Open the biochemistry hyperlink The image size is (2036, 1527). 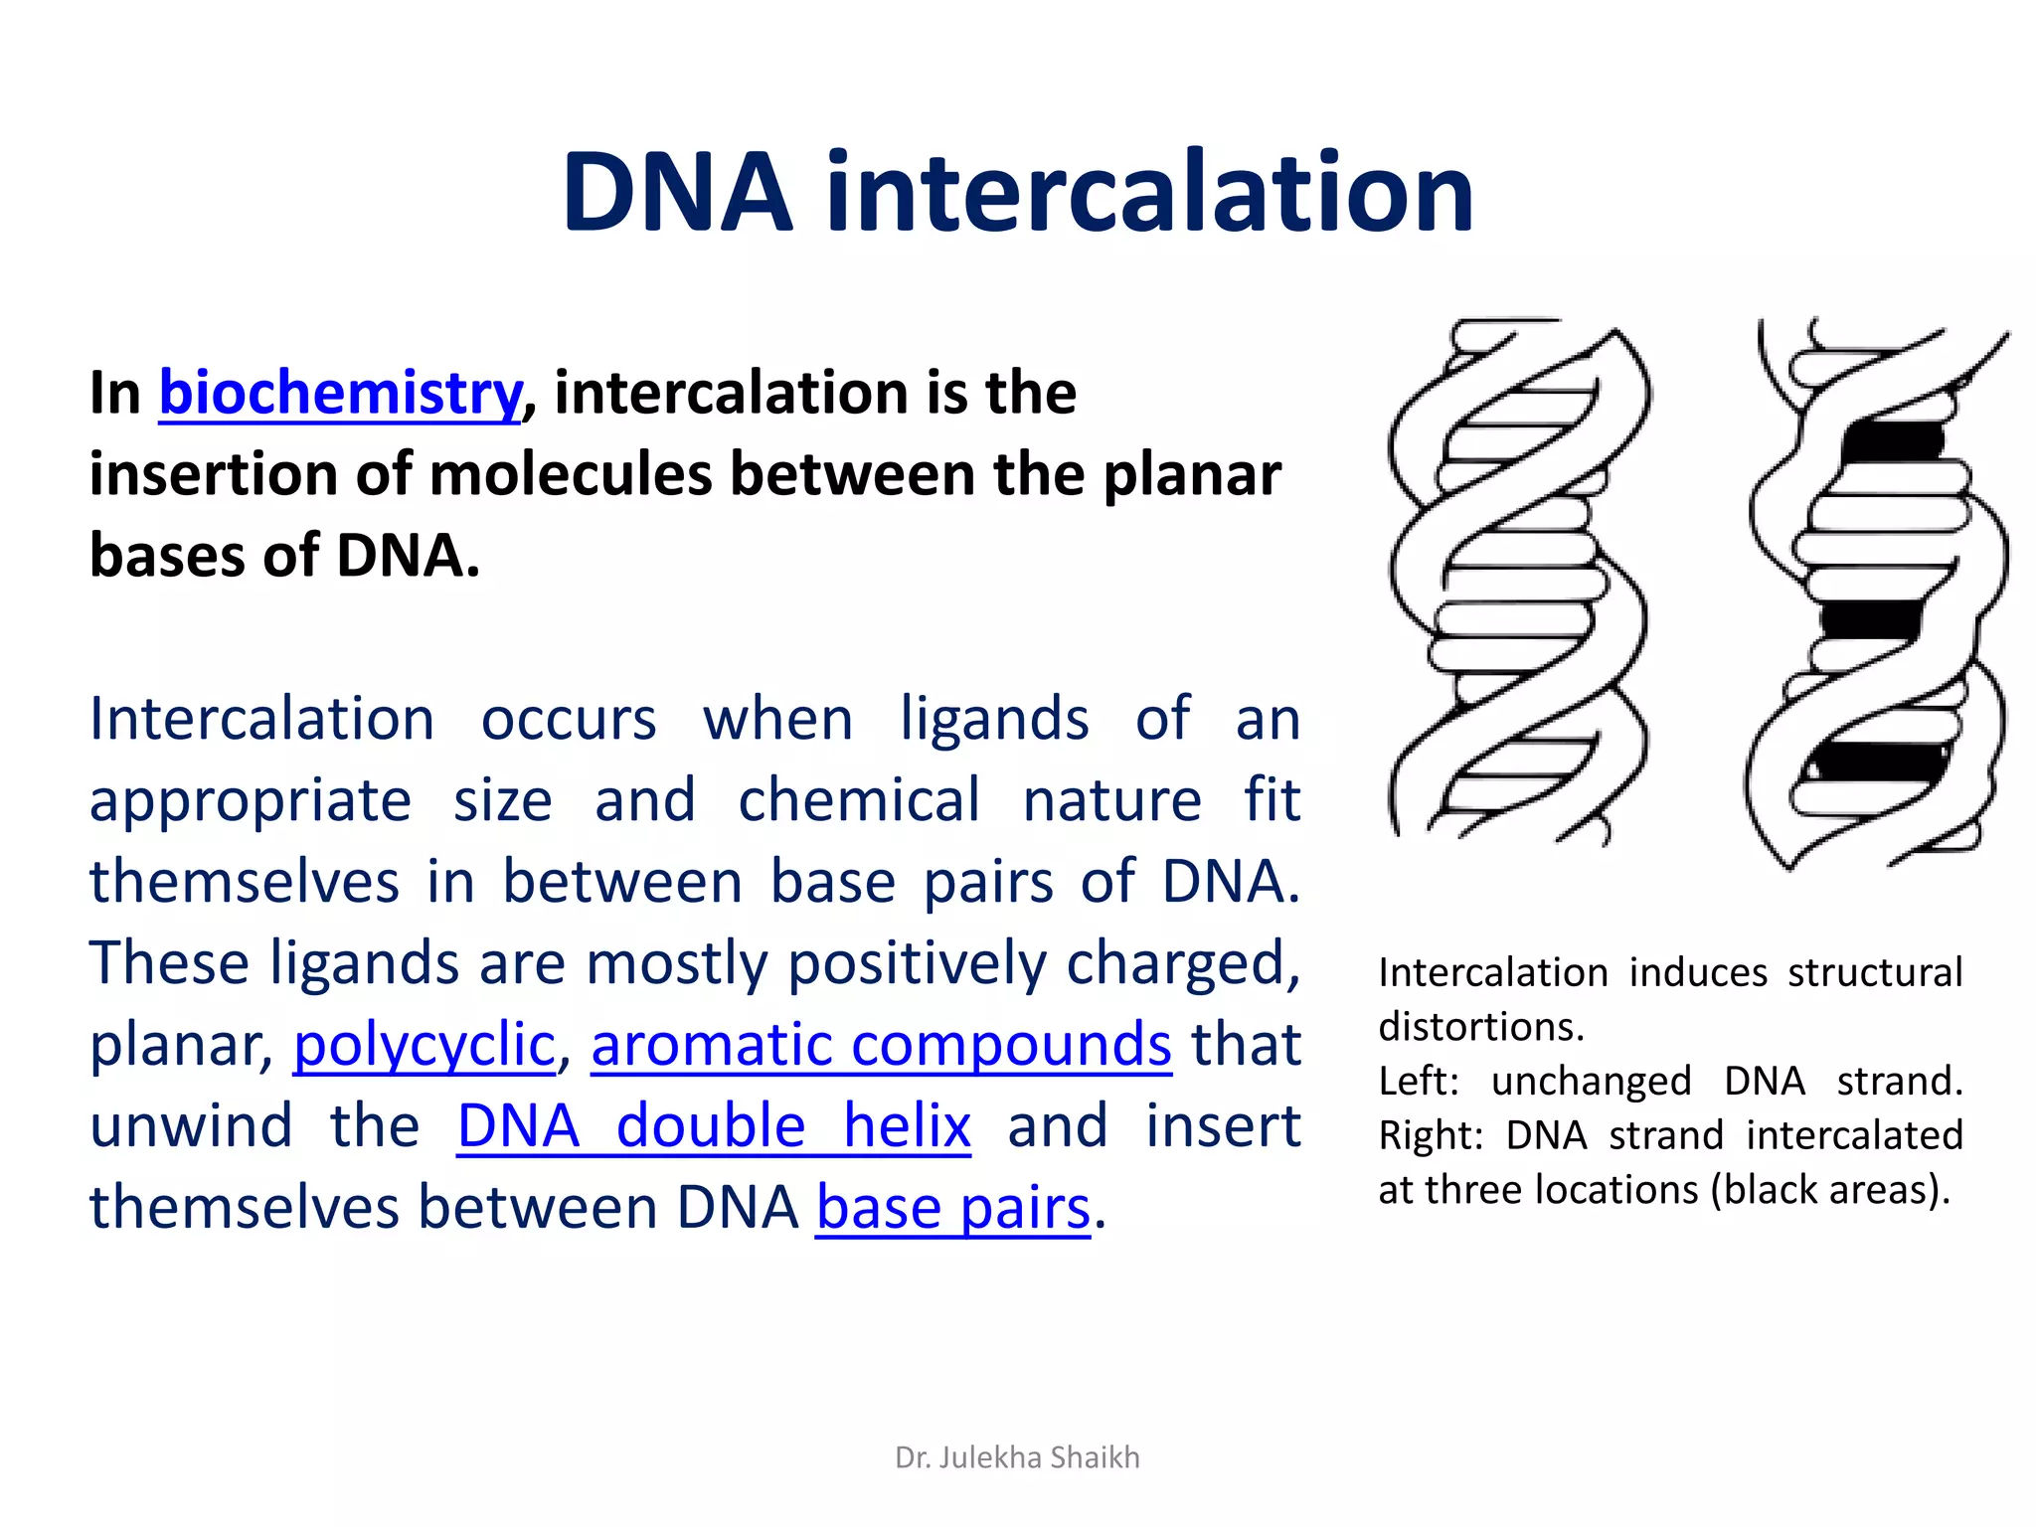pos(340,393)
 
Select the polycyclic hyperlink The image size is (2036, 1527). pos(424,1046)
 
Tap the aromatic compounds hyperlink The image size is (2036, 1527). pos(881,1046)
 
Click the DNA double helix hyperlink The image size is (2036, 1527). pos(713,1127)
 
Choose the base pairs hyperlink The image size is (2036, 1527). pos(952,1209)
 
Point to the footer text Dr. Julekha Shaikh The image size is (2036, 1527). pos(1017,1457)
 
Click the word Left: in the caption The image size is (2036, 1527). pos(1418,1082)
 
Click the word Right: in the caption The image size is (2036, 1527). pos(1430,1135)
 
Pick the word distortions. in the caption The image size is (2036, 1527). pos(1480,1027)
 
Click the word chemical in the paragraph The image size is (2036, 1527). pos(858,800)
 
